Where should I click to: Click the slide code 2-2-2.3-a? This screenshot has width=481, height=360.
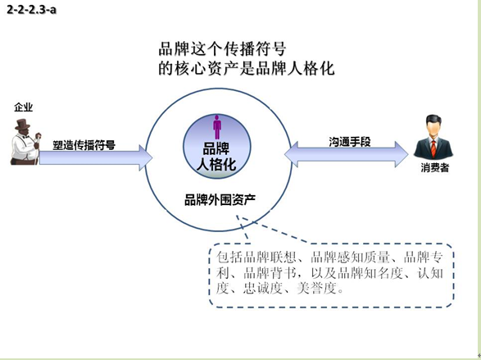pos(32,10)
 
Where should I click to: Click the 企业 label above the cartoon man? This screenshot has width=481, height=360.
pos(23,107)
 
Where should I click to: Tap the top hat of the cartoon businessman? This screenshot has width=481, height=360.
pos(23,125)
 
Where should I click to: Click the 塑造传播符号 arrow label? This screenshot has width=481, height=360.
pos(84,145)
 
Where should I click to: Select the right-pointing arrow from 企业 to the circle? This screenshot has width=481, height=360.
pos(96,157)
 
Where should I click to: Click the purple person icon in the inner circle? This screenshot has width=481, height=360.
pos(217,127)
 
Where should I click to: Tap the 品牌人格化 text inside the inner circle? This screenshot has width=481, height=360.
pos(216,157)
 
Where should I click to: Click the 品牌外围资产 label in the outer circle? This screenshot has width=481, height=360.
pos(220,200)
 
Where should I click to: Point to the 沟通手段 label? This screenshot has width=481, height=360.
pos(350,142)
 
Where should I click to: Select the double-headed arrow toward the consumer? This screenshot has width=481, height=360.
pos(347,154)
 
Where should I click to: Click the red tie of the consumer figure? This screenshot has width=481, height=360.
pos(433,148)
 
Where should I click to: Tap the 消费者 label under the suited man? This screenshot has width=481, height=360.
pos(435,167)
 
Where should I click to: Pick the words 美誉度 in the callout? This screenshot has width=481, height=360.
pos(317,288)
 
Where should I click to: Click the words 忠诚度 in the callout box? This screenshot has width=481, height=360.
pos(263,288)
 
